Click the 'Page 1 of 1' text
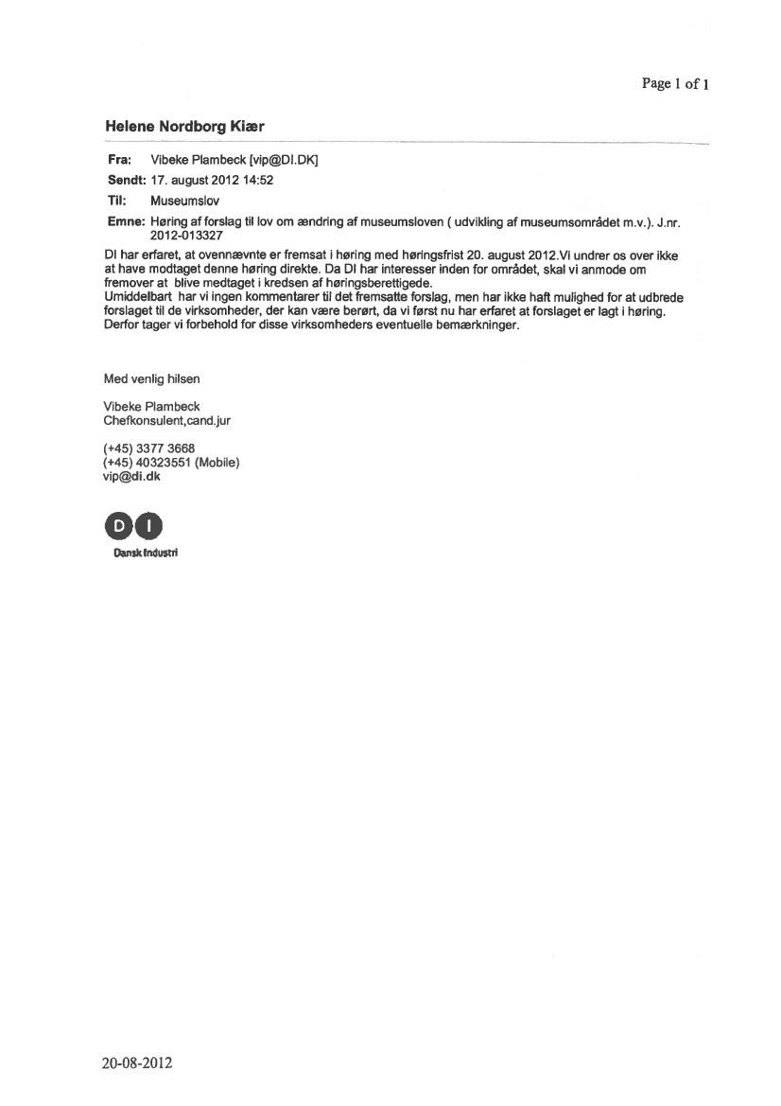[x=675, y=83]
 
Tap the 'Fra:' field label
[x=119, y=161]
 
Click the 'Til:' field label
[x=117, y=201]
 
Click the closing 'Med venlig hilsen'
[x=151, y=378]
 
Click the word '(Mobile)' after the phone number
[x=217, y=462]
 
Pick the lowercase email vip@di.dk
[x=131, y=476]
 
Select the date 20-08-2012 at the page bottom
[x=138, y=1062]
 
